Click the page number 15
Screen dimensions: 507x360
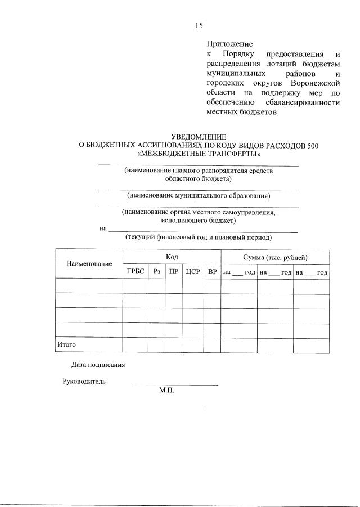click(199, 25)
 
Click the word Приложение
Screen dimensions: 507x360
click(229, 43)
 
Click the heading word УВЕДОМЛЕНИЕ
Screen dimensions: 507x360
click(199, 137)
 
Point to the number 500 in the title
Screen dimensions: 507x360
click(312, 145)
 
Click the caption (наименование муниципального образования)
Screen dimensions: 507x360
click(199, 196)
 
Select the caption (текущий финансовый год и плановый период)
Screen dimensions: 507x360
click(199, 237)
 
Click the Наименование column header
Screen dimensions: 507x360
click(89, 263)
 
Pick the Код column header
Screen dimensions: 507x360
click(172, 257)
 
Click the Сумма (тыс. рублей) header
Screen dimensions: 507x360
click(275, 257)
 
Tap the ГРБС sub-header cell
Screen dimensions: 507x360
click(136, 272)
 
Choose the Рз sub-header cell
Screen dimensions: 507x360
click(156, 272)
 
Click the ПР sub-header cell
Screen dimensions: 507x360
click(174, 272)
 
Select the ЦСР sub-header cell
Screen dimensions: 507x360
click(193, 272)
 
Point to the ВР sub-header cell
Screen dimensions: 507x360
click(212, 272)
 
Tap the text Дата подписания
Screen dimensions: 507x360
click(98, 364)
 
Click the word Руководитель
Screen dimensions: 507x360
click(83, 381)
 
